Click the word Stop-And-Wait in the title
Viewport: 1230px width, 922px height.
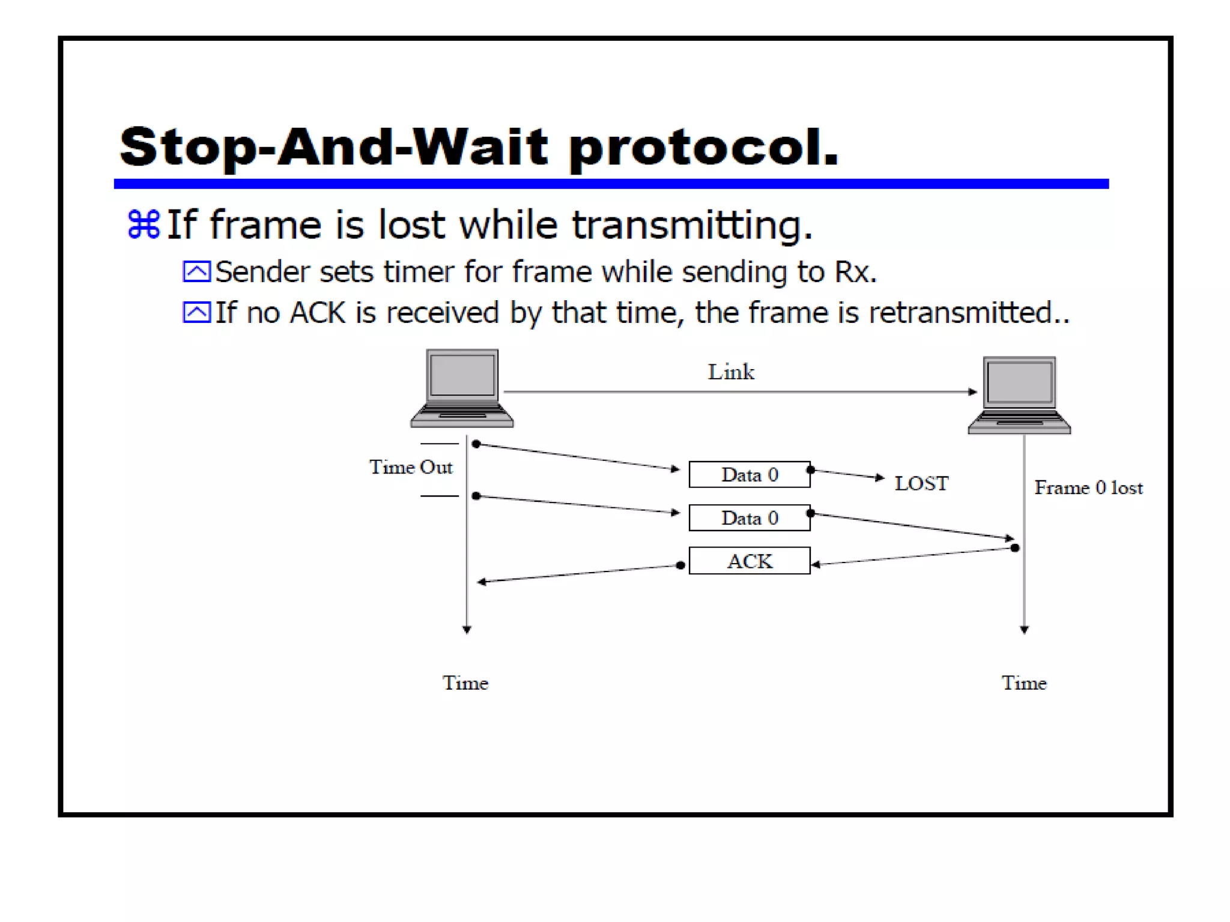(x=333, y=147)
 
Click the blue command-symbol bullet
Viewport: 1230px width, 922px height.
(x=144, y=224)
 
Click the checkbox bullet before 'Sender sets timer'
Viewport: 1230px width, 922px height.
(x=196, y=272)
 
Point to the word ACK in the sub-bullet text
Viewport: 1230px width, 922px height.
(x=318, y=313)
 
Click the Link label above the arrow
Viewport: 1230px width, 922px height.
(x=731, y=372)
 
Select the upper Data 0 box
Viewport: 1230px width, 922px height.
(x=749, y=475)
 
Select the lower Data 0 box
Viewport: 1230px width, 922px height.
(x=749, y=518)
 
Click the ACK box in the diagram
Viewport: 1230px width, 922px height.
(x=749, y=561)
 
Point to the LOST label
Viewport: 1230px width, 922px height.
(x=921, y=484)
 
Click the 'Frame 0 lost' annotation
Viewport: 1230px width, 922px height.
(x=1088, y=488)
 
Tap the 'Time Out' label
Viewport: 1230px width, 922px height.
(x=411, y=468)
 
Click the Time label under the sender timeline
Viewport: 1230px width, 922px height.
(x=465, y=683)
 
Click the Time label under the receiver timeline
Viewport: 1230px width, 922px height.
(x=1024, y=683)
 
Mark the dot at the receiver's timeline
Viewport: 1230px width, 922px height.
(x=1015, y=548)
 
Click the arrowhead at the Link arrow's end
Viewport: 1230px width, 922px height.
(x=972, y=392)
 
